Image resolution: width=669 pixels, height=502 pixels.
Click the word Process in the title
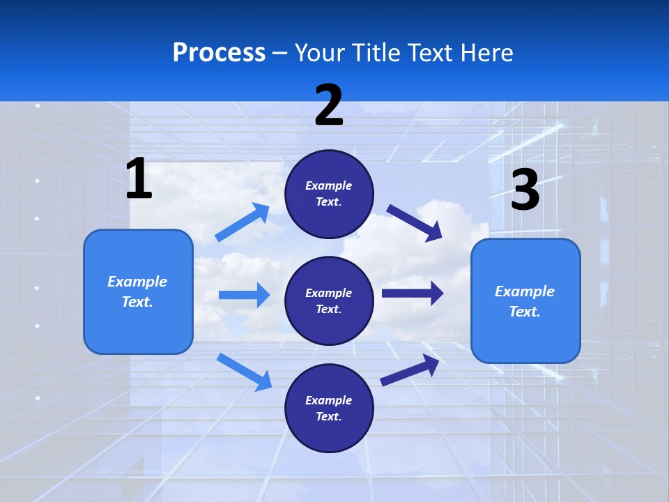[x=219, y=53]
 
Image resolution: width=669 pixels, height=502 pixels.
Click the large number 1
[x=139, y=179]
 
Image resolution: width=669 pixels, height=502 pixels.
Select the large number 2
[x=329, y=105]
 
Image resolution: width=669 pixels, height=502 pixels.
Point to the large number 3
[x=525, y=190]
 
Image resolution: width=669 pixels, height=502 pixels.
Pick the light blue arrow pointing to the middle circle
[x=244, y=295]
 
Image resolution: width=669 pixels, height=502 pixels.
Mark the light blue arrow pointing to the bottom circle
[x=244, y=371]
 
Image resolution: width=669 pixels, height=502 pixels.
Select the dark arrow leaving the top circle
[x=415, y=222]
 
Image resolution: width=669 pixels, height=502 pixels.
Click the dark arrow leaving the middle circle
[x=413, y=294]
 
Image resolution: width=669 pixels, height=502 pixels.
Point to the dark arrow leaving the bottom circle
[x=410, y=370]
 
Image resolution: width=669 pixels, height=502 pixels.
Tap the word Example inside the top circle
[x=328, y=185]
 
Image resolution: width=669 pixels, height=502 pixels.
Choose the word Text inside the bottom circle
[x=328, y=416]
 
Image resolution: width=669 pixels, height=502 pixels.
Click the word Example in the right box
[x=525, y=291]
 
